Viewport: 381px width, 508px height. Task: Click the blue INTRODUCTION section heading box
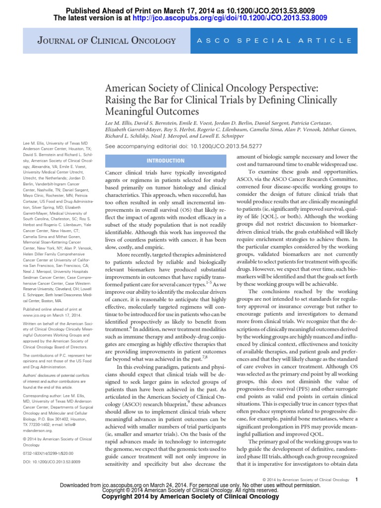tap(165, 161)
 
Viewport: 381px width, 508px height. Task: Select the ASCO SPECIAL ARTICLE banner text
tap(276, 41)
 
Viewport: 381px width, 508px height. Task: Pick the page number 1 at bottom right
tap(364, 480)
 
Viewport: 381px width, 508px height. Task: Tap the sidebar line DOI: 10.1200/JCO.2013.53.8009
tap(52, 461)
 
